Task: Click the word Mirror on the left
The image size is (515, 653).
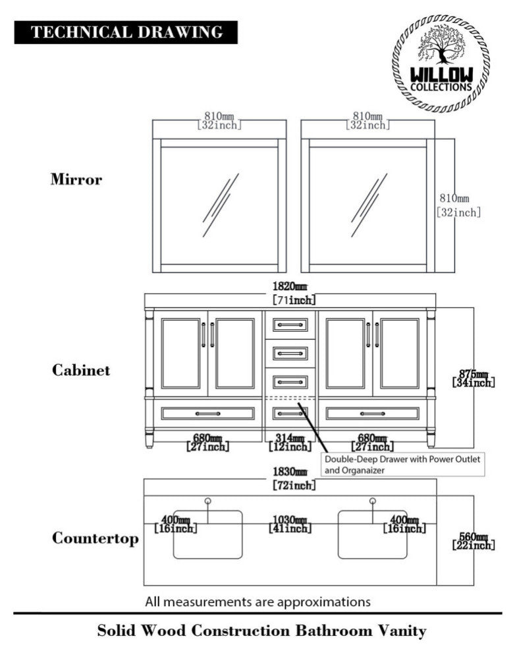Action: coord(76,179)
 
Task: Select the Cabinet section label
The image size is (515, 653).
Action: coord(81,370)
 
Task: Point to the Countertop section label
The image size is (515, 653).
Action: coord(95,539)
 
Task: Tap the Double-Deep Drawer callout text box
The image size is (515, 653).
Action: coord(402,464)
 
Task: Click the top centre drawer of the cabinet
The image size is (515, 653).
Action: coord(290,324)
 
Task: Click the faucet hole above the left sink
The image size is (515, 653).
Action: coord(207,501)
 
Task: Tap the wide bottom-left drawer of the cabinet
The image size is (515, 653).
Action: coord(207,414)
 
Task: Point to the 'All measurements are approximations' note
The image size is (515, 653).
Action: coord(257,602)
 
